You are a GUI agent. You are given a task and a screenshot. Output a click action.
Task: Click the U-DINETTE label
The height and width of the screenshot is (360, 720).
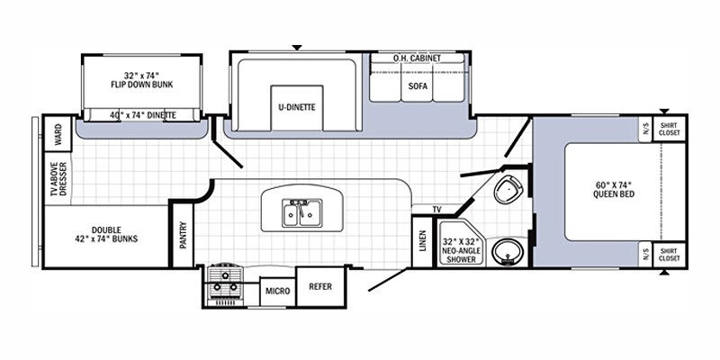click(x=297, y=107)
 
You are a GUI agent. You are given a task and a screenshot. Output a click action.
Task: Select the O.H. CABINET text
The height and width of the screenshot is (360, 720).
click(x=417, y=58)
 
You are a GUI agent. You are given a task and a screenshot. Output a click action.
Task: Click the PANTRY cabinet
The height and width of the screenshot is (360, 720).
click(x=184, y=235)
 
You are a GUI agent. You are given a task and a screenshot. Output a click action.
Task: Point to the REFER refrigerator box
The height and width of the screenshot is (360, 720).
click(x=320, y=286)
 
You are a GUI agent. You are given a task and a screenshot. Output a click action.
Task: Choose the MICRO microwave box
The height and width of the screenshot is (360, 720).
click(x=278, y=291)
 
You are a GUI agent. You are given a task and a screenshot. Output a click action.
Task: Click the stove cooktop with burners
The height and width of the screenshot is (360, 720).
click(x=224, y=284)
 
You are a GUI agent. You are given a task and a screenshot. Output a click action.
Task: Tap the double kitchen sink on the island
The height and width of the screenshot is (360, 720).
click(x=301, y=212)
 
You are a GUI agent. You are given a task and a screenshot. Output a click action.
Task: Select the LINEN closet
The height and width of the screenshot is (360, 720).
click(x=422, y=241)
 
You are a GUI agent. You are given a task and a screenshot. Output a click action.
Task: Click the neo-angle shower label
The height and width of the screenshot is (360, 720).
click(x=462, y=250)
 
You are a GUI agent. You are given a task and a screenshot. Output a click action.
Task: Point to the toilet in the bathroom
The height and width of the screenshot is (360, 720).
click(x=508, y=189)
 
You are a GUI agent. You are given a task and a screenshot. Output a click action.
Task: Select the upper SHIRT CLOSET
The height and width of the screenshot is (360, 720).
click(x=669, y=128)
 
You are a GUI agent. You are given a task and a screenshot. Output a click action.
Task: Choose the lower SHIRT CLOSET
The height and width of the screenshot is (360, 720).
click(x=669, y=255)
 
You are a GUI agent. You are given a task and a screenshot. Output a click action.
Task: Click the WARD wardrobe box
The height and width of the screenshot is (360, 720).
click(x=58, y=133)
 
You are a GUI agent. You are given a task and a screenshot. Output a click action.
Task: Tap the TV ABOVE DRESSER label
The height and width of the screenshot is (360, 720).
click(x=59, y=178)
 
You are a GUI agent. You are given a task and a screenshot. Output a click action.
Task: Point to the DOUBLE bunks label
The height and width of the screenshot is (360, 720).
click(x=106, y=234)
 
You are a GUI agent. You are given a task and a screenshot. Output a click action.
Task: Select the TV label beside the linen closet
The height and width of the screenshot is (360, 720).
click(x=436, y=210)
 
